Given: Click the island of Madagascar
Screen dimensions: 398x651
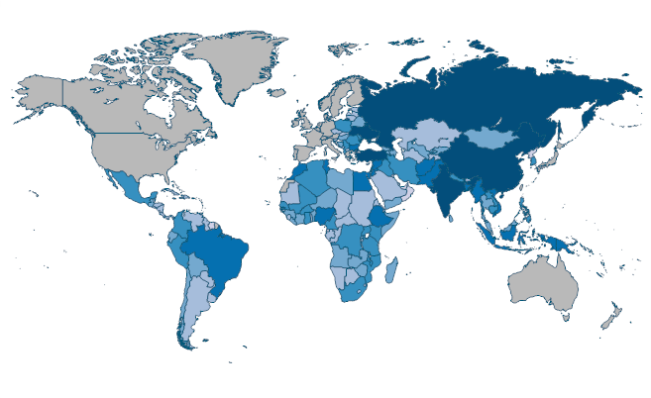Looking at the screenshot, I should [393, 270].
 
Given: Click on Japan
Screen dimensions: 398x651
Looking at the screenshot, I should [564, 158].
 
